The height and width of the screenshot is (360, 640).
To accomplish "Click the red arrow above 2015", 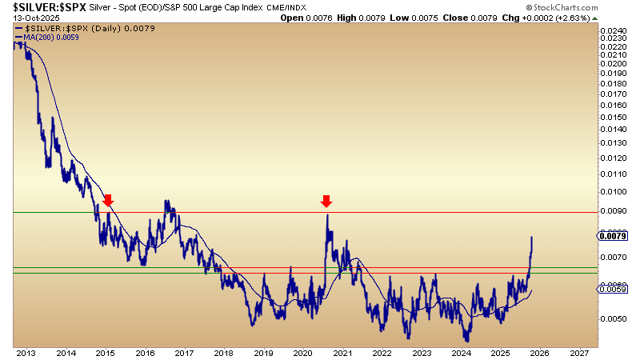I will (108, 200).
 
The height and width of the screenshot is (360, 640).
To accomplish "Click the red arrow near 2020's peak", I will (326, 200).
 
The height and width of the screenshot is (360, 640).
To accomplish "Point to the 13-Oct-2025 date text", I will (27, 18).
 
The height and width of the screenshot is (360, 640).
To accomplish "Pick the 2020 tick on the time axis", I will (302, 352).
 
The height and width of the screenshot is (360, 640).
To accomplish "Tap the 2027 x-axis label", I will (578, 352).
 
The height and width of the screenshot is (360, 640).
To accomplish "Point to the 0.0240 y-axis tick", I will (614, 30).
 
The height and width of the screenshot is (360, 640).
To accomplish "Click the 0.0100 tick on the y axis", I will (614, 192).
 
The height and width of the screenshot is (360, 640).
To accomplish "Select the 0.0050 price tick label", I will (614, 318).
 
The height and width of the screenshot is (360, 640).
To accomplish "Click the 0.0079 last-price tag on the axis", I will (614, 235).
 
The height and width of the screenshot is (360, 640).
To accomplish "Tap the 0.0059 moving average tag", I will (614, 289).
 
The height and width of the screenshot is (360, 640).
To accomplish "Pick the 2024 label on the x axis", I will (460, 352).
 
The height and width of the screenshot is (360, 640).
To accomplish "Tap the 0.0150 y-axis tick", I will (614, 116).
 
